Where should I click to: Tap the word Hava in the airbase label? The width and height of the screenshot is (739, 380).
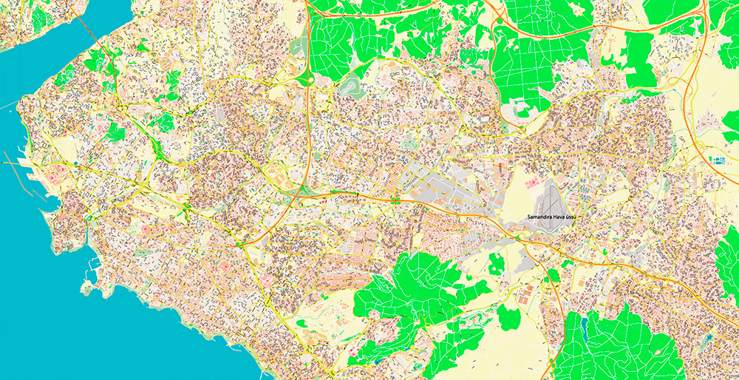click(560, 217)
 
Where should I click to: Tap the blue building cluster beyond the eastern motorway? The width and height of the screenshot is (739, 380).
click(718, 159)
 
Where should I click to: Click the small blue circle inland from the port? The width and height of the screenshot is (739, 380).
click(76, 162)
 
